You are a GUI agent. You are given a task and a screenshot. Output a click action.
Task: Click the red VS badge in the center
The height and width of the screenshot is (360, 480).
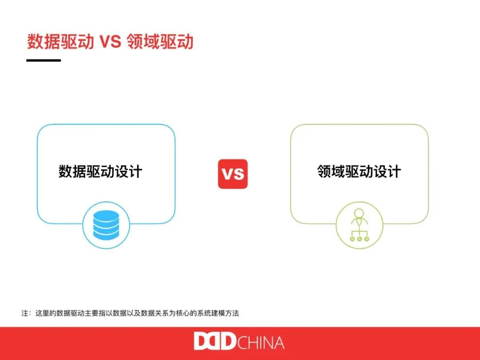(x=232, y=174)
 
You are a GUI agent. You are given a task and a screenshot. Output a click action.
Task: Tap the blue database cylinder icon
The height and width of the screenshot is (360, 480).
(x=106, y=225)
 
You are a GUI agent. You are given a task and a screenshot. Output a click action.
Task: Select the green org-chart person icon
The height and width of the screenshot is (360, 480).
(x=359, y=225)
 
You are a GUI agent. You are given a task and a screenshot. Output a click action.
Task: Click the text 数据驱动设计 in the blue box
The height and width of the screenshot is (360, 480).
(x=100, y=172)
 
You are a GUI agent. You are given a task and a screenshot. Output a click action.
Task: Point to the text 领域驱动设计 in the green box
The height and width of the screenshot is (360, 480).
(x=359, y=172)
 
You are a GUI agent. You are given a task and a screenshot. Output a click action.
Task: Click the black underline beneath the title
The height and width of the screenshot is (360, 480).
(x=44, y=60)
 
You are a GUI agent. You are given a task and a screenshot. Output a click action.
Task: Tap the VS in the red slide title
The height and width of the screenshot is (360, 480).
(x=110, y=41)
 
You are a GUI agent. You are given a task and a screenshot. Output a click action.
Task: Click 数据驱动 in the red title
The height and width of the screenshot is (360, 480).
(x=60, y=41)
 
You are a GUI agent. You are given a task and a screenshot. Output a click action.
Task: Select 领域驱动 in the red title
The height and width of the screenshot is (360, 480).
(x=160, y=41)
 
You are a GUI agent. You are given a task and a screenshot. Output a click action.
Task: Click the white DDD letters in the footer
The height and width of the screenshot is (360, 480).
(x=215, y=341)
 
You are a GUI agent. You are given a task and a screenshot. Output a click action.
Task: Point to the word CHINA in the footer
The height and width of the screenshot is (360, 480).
(x=261, y=343)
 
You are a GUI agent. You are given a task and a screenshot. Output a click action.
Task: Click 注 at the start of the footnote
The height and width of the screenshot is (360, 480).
(x=25, y=313)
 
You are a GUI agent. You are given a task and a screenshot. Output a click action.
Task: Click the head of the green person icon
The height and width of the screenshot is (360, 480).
(x=359, y=213)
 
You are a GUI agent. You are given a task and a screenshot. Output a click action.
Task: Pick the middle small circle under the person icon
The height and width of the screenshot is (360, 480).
(x=360, y=239)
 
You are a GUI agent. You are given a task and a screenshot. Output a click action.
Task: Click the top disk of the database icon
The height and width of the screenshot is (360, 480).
(x=106, y=216)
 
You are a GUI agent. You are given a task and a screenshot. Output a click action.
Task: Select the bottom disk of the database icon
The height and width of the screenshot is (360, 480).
(x=106, y=235)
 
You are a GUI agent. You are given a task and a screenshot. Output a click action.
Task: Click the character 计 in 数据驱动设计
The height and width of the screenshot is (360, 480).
(x=136, y=172)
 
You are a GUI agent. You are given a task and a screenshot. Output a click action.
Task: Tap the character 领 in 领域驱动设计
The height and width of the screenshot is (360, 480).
(x=324, y=172)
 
